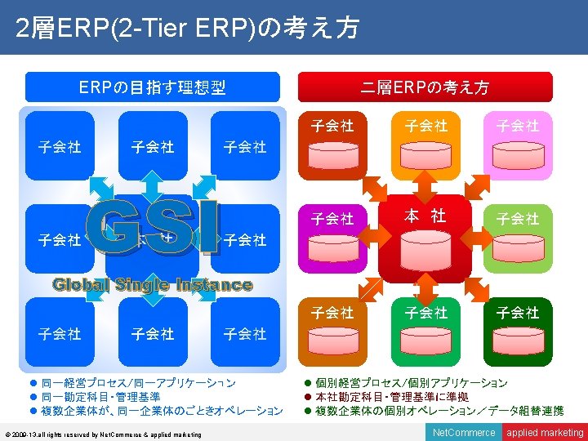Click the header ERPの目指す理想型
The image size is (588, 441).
pyautogui.click(x=153, y=87)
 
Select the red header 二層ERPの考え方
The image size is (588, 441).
pyautogui.click(x=425, y=87)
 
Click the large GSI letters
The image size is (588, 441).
pyautogui.click(x=153, y=229)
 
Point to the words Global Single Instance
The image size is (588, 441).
pyautogui.click(x=153, y=284)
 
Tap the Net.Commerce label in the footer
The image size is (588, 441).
pyautogui.click(x=464, y=432)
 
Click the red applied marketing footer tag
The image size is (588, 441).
pyautogui.click(x=545, y=432)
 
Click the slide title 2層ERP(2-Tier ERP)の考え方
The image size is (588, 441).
pyautogui.click(x=187, y=29)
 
